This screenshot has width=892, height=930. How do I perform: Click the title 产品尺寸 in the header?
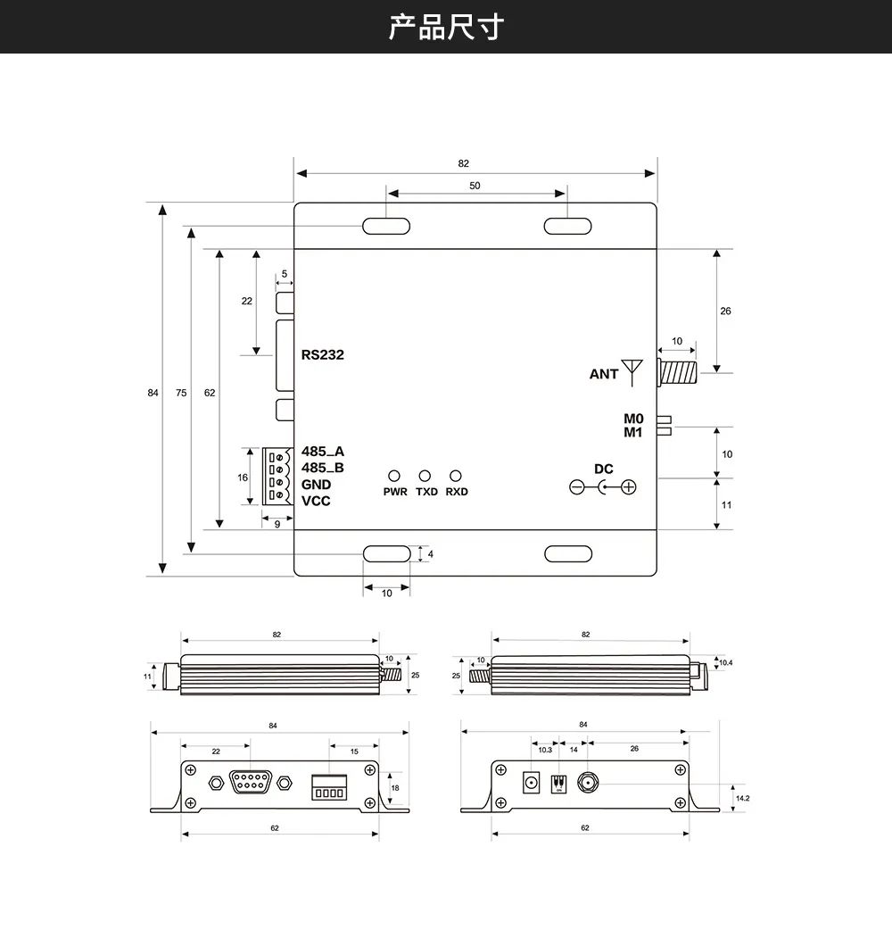tap(446, 27)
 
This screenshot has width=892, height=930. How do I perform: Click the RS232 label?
tap(322, 354)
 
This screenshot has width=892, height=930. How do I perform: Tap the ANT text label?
tap(603, 374)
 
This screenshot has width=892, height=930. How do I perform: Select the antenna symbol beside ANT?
tap(632, 370)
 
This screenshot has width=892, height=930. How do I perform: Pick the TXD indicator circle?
tap(425, 477)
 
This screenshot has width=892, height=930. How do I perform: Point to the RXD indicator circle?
tap(456, 477)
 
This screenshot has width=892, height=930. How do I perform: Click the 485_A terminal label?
tap(322, 452)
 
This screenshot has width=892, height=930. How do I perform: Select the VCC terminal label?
tap(316, 501)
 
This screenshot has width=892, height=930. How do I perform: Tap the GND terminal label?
tap(316, 485)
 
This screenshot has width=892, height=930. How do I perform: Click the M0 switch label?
tap(633, 419)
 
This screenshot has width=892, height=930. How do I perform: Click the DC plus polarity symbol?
tap(629, 487)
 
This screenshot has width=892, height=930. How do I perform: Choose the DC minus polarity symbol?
tap(577, 487)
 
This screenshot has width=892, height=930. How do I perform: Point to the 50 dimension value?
tap(475, 186)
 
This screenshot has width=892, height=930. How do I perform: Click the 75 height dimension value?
tap(182, 393)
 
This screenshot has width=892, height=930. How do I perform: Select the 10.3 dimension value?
tap(544, 750)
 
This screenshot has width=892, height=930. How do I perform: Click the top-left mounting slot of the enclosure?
tap(386, 226)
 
